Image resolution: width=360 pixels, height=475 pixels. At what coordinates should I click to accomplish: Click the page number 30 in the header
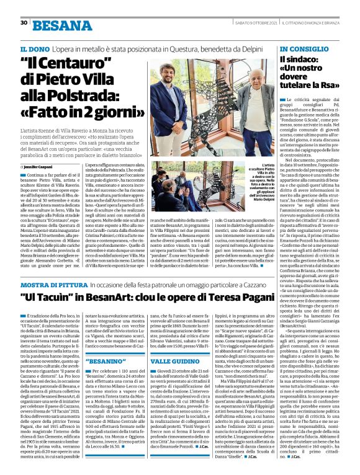[x=24, y=22]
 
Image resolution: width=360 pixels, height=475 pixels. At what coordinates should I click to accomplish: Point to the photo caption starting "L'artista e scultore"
[x=260, y=180]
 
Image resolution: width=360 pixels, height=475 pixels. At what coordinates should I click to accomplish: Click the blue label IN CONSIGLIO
[x=303, y=48]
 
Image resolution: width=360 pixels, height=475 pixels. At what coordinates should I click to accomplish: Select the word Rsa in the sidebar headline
[x=332, y=85]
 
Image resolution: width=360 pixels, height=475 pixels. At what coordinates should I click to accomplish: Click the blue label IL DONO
[x=34, y=48]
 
